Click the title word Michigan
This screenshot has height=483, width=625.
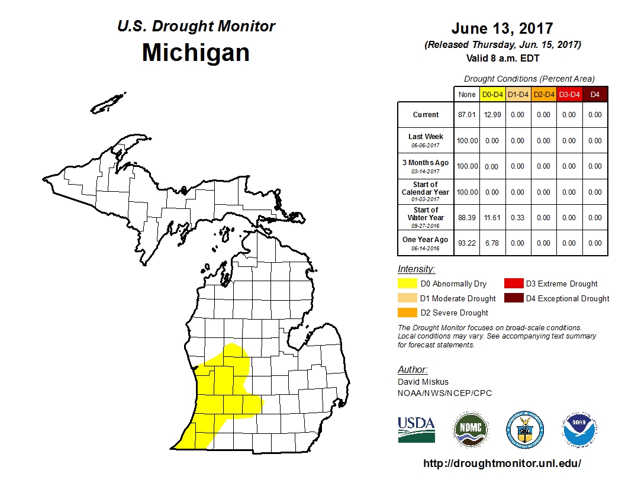tap(195, 53)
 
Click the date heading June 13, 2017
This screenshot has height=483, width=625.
tap(502, 28)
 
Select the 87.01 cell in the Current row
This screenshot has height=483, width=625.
tap(466, 115)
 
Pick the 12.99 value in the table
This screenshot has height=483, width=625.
tap(491, 115)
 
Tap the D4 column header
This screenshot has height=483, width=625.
tap(595, 94)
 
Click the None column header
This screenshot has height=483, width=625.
tap(466, 94)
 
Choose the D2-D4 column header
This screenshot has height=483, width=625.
tap(543, 94)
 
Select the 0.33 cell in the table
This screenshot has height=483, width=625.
tap(517, 217)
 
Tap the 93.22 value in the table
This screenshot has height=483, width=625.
tap(466, 243)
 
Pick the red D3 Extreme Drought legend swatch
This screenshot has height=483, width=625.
tap(513, 284)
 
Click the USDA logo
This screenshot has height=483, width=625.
tap(416, 429)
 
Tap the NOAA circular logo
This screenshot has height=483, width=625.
tap(579, 429)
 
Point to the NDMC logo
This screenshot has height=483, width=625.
tap(471, 429)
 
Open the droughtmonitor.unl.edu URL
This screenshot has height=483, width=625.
tap(502, 463)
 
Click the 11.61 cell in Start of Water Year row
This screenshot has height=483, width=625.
tap(491, 217)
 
